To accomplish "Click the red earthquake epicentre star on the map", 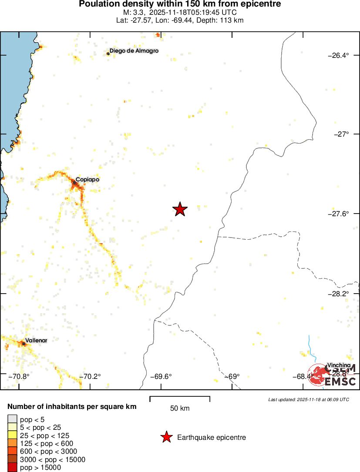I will click(180, 209).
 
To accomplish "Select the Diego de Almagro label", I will click(134, 51).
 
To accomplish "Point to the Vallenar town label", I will click(36, 340).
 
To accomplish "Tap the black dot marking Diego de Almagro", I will click(108, 54).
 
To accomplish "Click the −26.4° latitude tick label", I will click(338, 55).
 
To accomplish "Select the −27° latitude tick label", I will click(340, 134).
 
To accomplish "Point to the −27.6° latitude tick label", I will click(338, 214).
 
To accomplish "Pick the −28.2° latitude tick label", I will click(338, 293).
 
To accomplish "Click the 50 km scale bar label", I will click(180, 408).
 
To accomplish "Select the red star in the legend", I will click(166, 437).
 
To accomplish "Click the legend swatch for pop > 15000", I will click(12, 468).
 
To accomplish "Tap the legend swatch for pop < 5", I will click(12, 419).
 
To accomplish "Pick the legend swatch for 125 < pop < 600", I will click(12, 443).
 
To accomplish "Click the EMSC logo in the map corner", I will click(333, 375).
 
